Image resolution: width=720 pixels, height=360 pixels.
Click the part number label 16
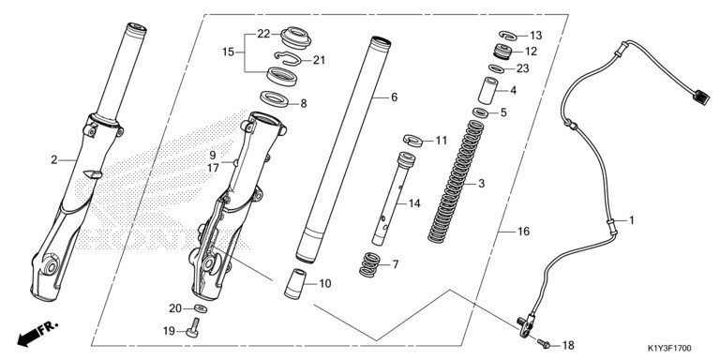point(523,232)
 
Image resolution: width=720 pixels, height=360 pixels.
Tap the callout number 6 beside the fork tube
point(394,97)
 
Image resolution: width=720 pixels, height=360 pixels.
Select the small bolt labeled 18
point(544,342)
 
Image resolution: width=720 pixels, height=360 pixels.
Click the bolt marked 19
point(193,328)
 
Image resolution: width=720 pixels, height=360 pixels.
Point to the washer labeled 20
point(201,308)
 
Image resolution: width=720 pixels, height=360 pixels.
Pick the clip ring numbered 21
point(288,57)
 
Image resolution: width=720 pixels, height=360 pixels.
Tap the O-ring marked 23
point(496,68)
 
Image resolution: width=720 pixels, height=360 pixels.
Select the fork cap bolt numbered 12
point(502,51)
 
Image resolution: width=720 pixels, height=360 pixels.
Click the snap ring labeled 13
point(507,35)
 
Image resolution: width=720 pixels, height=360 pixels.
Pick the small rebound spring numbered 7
point(369,265)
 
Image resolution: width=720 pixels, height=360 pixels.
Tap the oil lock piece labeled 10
point(294,284)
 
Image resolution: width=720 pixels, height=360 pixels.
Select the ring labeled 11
point(412,140)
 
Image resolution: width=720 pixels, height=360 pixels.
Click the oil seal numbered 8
point(274,98)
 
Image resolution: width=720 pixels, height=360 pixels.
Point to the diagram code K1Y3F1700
point(669,349)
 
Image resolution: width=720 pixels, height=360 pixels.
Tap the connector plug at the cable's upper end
point(701,97)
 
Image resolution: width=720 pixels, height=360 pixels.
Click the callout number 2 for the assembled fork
point(54,159)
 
